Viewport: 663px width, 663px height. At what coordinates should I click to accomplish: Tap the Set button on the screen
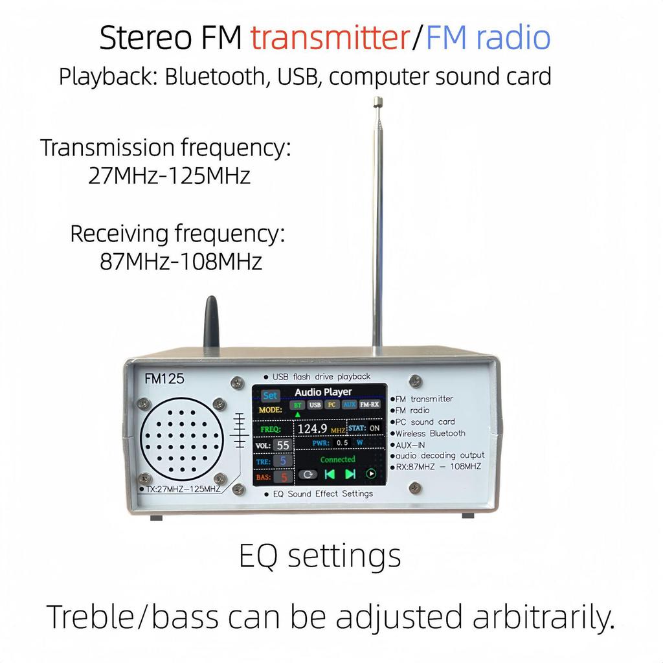270,395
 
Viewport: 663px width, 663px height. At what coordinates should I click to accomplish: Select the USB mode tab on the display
315,405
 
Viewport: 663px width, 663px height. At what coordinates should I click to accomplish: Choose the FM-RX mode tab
369,405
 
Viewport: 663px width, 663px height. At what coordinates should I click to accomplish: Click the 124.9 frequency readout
313,429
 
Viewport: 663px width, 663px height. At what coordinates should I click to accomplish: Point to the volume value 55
283,445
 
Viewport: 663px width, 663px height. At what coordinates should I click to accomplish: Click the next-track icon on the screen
350,473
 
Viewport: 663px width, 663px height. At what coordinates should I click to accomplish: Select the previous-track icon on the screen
330,473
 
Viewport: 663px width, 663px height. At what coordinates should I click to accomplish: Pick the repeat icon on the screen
308,473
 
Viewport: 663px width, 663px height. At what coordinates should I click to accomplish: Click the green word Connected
337,459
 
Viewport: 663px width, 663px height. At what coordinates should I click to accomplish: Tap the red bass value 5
283,477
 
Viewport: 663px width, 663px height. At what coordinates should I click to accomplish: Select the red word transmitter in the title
330,39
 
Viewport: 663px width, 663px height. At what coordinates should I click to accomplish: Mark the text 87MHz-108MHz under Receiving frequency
181,262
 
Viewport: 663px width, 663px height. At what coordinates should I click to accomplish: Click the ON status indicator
374,428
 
